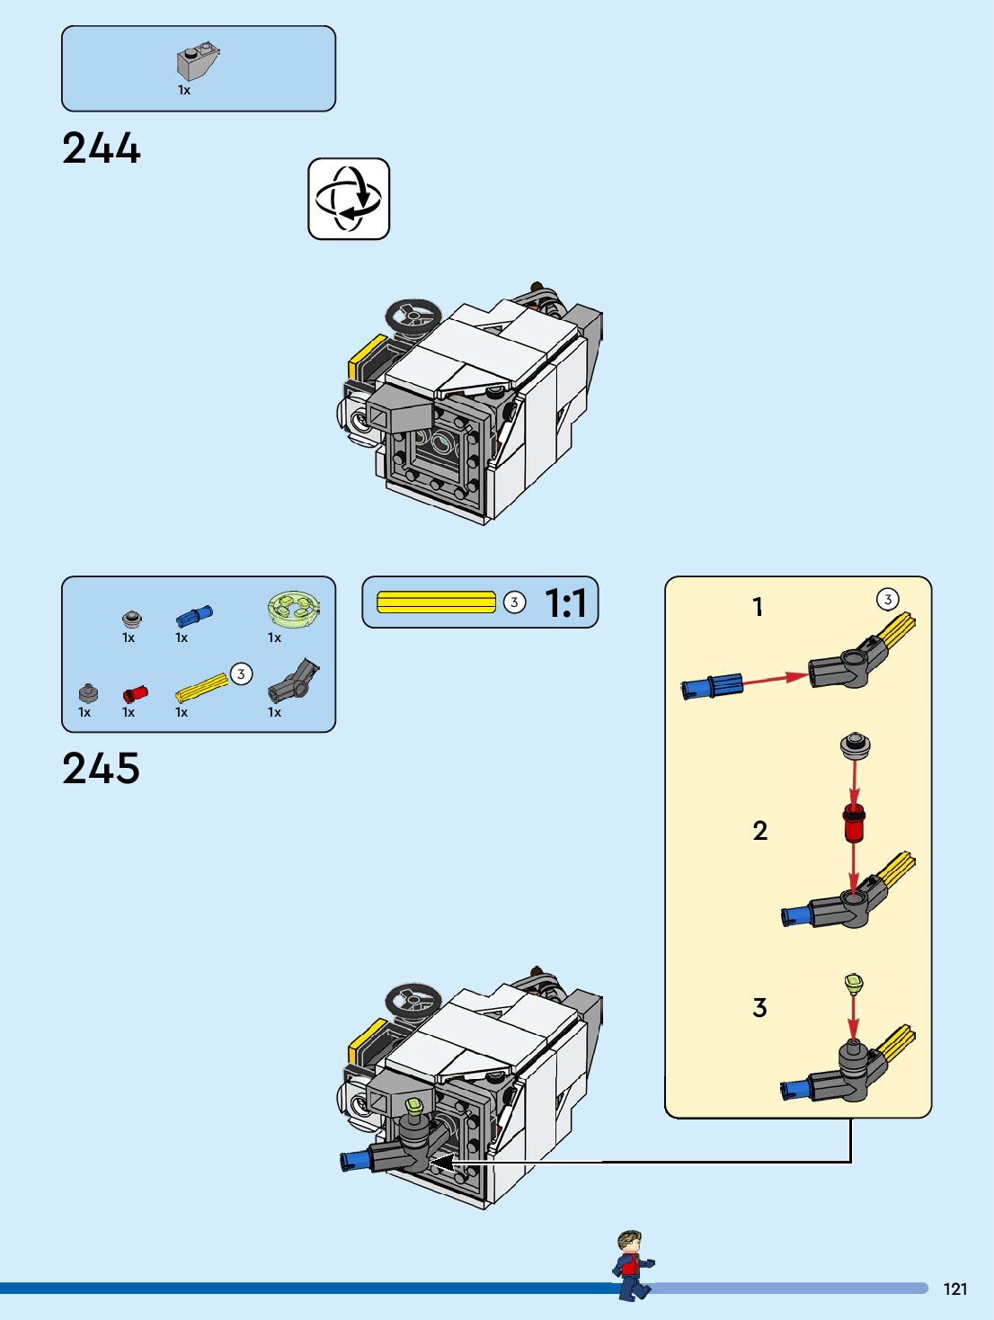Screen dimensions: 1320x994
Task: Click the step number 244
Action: click(102, 148)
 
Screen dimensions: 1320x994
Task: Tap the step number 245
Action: click(102, 769)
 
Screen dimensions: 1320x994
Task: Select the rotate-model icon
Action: click(349, 199)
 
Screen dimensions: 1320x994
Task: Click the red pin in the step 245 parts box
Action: click(135, 693)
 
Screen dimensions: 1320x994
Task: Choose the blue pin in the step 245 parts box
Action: click(194, 616)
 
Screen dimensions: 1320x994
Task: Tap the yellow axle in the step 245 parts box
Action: click(202, 688)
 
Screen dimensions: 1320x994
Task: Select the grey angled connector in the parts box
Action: click(294, 682)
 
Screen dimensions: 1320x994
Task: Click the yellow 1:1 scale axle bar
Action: click(436, 602)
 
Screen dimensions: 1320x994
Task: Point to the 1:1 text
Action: click(565, 603)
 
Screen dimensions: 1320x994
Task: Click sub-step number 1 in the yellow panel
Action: click(758, 608)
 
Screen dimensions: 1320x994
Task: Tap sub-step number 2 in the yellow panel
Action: click(760, 831)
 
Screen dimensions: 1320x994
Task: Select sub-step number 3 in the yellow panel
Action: click(760, 1008)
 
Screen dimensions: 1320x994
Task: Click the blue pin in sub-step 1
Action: click(713, 687)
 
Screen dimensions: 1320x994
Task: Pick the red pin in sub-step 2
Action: click(854, 822)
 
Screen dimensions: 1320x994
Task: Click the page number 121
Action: click(955, 1289)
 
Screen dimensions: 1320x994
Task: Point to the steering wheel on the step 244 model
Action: click(413, 316)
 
